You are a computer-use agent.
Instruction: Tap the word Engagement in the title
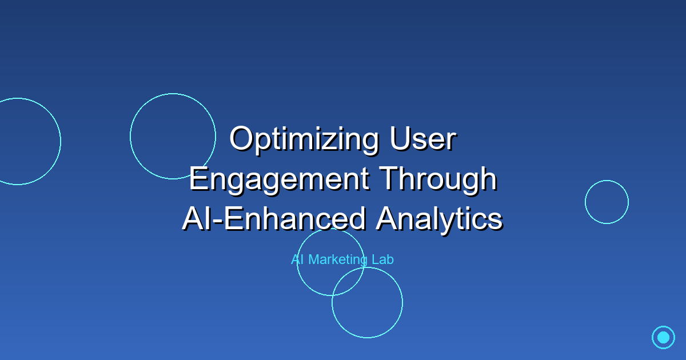click(278, 179)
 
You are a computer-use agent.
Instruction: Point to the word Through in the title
click(438, 179)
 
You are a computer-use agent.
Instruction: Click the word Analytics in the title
click(438, 219)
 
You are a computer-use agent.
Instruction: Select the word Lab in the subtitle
click(383, 259)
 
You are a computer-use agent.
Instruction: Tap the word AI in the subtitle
click(297, 259)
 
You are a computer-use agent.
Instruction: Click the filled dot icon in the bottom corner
click(663, 337)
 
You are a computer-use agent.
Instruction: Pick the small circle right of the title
click(607, 202)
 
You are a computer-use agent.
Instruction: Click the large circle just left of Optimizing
click(173, 136)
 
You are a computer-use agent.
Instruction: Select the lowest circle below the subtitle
click(367, 302)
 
